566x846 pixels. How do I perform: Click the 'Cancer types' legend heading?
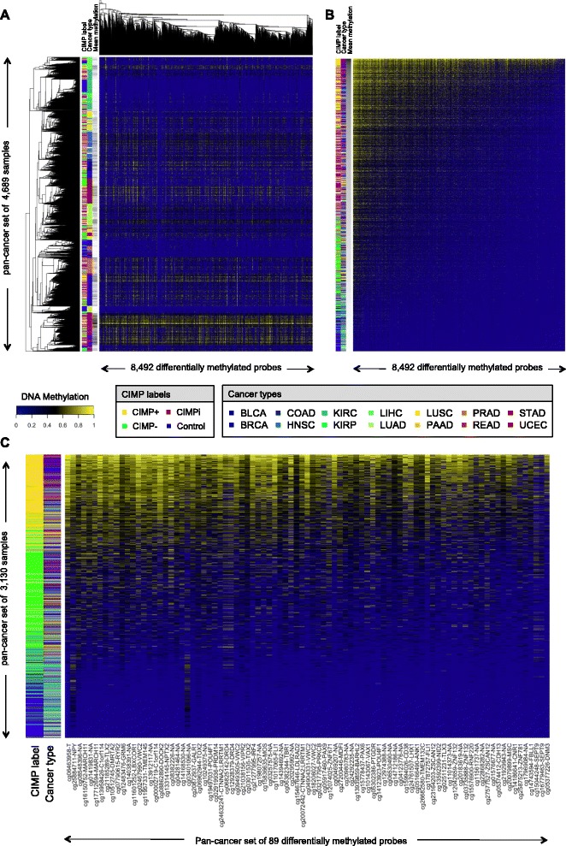[256, 394]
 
